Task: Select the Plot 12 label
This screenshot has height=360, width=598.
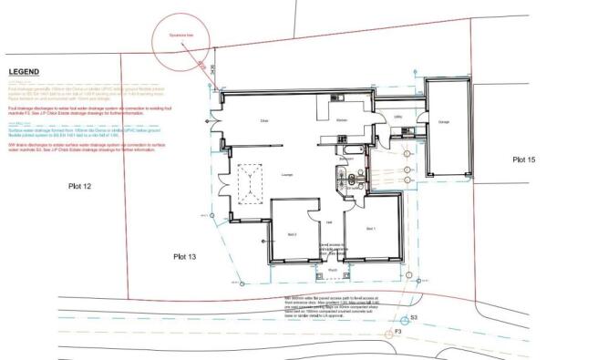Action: coord(82,187)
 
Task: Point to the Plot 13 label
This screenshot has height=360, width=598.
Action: coord(186,258)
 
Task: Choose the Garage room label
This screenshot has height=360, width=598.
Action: coord(444,122)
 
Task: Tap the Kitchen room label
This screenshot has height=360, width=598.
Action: coord(342,120)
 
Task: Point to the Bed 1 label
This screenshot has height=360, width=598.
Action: coord(371,228)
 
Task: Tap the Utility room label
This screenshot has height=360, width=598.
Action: coord(398,117)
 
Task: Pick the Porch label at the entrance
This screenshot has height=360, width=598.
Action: coord(332,271)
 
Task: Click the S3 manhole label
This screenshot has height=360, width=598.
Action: coord(414,317)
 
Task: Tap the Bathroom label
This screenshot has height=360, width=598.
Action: coord(345,159)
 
